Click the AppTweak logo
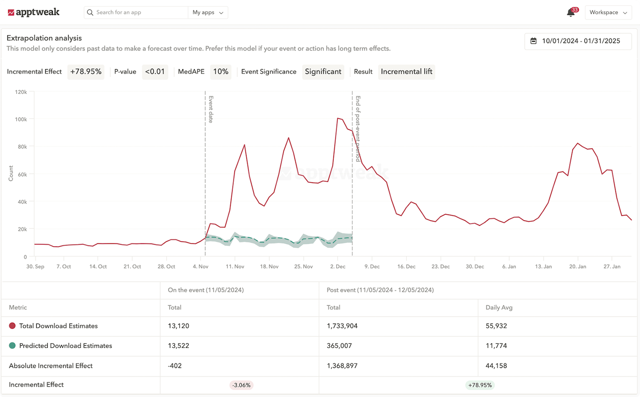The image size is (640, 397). tap(34, 12)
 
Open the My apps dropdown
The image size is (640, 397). tap(208, 12)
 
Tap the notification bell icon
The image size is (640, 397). tap(570, 12)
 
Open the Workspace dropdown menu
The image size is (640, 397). tap(608, 12)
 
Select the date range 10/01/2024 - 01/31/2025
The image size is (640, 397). tap(578, 41)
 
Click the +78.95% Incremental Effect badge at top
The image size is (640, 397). tap(86, 72)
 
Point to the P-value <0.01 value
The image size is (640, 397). tap(155, 72)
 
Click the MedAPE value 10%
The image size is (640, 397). tap(221, 72)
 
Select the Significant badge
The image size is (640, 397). tap(323, 72)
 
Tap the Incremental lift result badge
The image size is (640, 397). tap(407, 72)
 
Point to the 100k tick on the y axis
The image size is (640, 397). tap(21, 120)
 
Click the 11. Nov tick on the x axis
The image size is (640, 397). tap(235, 266)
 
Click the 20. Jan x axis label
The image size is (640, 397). tap(578, 266)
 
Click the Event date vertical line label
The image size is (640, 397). tap(211, 109)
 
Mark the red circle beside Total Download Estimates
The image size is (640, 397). tap(12, 326)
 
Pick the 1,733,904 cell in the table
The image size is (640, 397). tap(342, 326)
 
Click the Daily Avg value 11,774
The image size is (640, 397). tap(496, 346)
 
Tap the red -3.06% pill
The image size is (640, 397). tap(241, 385)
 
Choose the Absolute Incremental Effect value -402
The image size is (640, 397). tap(175, 366)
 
